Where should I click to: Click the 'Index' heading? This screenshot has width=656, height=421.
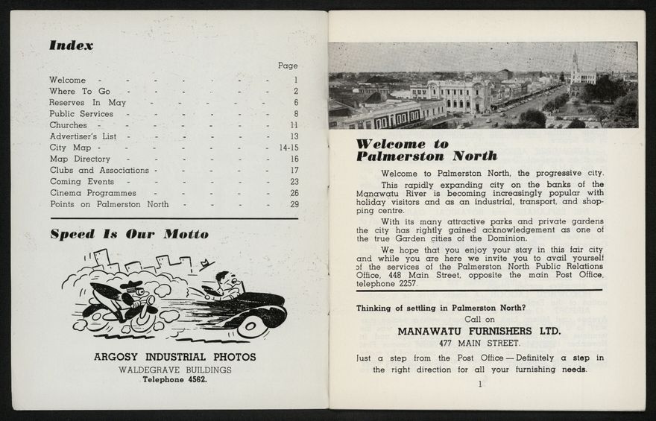(72, 45)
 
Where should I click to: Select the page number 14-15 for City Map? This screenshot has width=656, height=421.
(288, 148)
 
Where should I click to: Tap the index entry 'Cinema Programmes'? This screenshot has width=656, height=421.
(92, 192)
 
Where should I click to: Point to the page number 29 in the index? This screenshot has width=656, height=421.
(294, 204)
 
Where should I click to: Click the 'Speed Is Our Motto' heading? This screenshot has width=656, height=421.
(129, 234)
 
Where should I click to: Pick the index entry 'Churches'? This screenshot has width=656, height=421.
(68, 125)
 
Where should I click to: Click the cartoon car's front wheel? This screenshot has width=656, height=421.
(253, 323)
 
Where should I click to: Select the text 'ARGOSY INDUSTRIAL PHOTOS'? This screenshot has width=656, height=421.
(174, 357)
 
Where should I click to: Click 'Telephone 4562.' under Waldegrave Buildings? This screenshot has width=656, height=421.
(174, 379)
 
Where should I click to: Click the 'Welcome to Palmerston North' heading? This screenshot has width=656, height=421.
(426, 150)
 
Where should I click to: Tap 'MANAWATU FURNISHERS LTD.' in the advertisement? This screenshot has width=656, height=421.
(479, 330)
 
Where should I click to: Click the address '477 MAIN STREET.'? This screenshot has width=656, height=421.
(479, 344)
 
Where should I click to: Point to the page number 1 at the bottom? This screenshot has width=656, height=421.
(480, 384)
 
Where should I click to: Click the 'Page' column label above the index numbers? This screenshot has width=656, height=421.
(287, 66)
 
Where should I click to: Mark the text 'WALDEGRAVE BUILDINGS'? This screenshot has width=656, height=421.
(174, 370)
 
